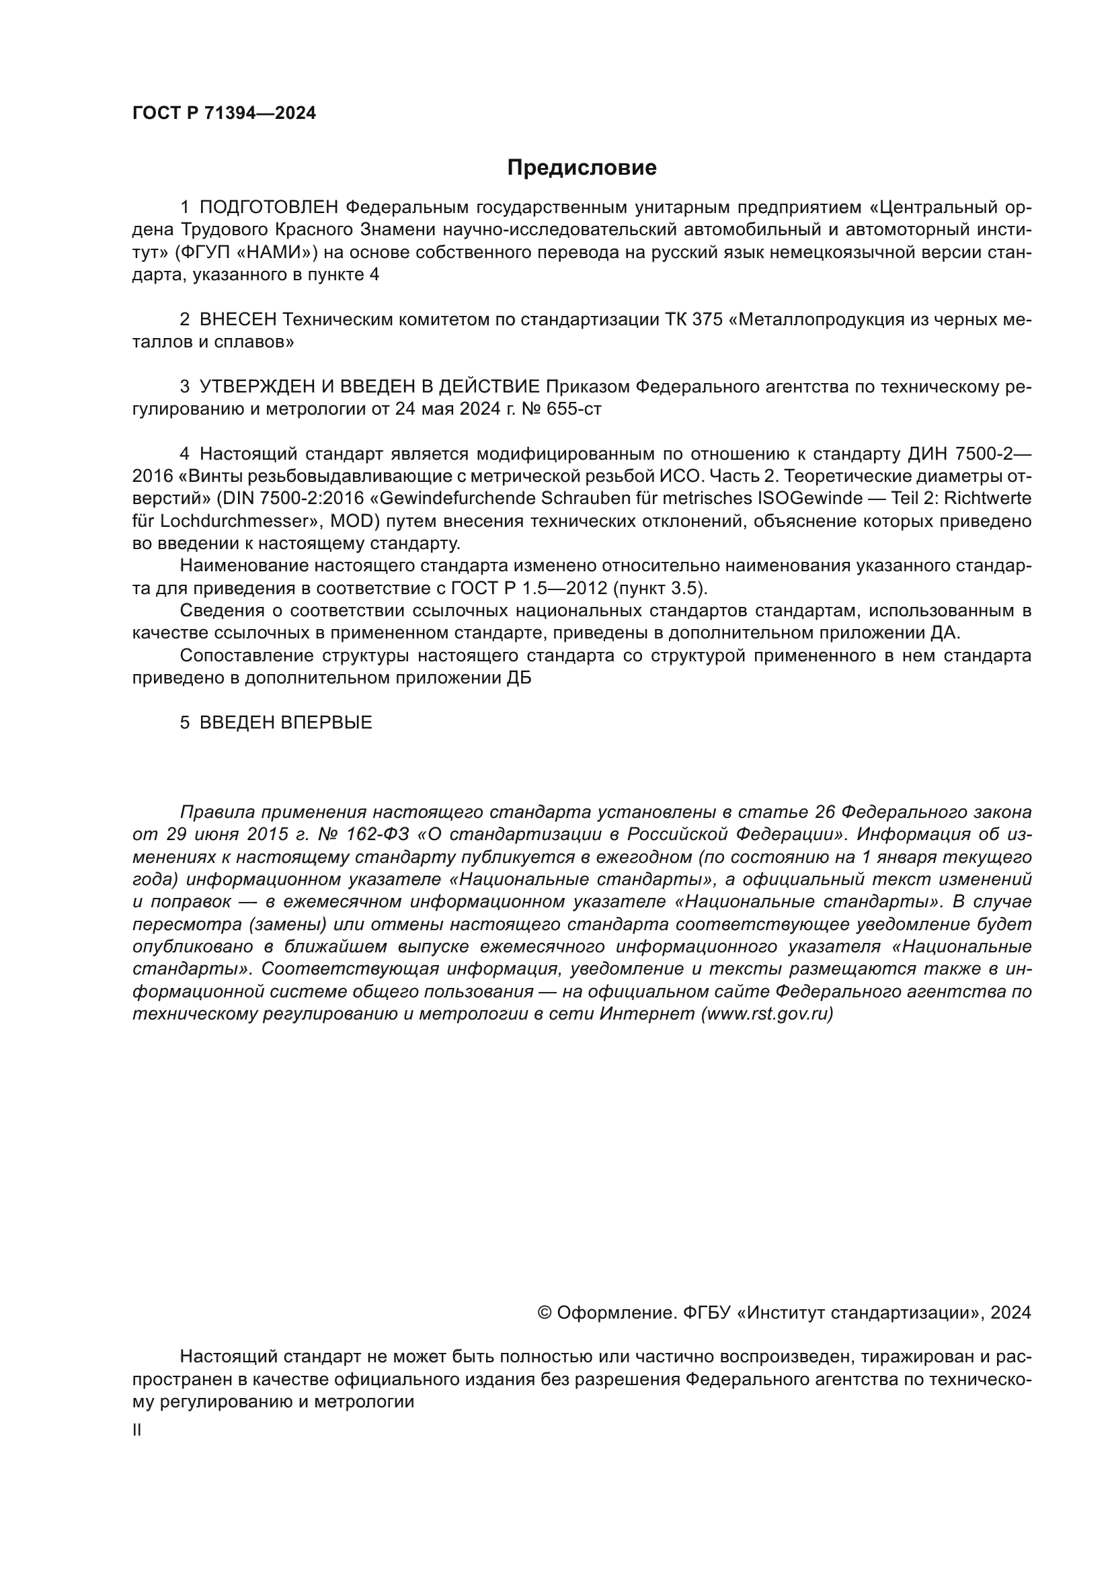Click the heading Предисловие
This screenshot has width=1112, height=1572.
(582, 168)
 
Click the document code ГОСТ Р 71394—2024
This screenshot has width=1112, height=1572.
(224, 114)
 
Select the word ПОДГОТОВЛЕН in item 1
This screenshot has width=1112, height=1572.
(269, 208)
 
